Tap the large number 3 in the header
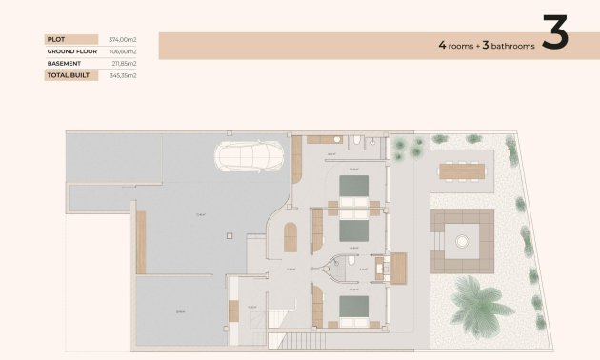pos(554,34)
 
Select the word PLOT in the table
pos(56,39)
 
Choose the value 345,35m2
pos(123,74)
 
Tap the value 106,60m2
pos(123,51)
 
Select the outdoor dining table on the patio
pos(461,171)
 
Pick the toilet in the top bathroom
pos(354,143)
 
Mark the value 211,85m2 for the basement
pos(123,63)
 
